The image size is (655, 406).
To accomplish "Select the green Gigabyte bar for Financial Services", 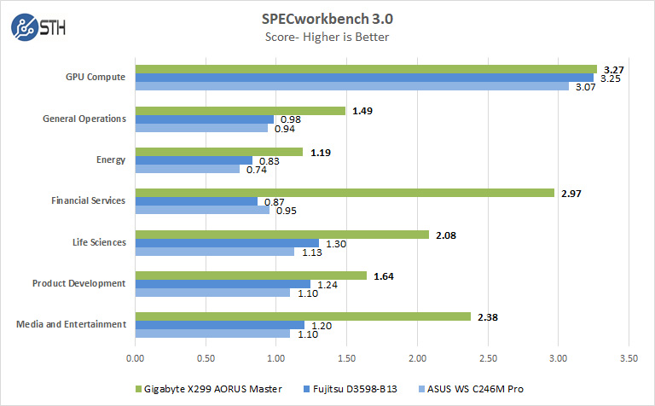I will click(344, 193).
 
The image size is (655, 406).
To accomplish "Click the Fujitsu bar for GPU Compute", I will click(364, 78).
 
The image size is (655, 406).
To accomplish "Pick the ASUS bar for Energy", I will click(187, 169).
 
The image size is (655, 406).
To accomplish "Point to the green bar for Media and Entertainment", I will click(303, 316).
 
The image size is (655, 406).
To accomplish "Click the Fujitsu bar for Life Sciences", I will click(227, 243).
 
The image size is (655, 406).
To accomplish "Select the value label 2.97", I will click(571, 194).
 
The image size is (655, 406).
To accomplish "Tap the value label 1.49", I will click(362, 111).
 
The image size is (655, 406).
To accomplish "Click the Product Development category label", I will click(79, 283).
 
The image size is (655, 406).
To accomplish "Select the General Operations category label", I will click(84, 119).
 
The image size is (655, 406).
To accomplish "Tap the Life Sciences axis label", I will click(98, 242).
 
